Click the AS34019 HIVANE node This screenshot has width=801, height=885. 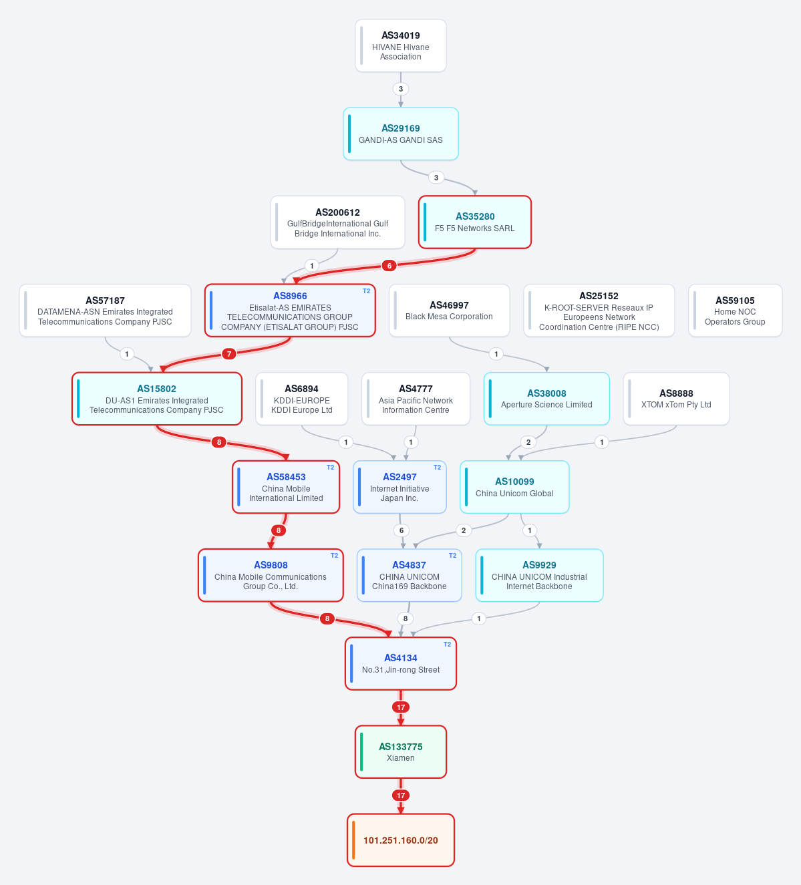click(x=401, y=45)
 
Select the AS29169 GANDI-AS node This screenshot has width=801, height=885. click(x=401, y=134)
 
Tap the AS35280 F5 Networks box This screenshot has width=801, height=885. click(x=475, y=222)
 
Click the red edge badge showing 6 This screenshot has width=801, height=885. click(x=389, y=266)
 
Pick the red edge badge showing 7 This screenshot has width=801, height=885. click(x=228, y=354)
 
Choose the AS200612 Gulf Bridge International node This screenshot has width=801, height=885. click(x=337, y=222)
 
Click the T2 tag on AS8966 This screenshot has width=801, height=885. click(x=366, y=291)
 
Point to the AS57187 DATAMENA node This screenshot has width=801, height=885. click(x=105, y=311)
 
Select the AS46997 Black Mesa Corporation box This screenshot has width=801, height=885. click(x=449, y=311)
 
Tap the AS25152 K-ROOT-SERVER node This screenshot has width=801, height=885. click(x=599, y=311)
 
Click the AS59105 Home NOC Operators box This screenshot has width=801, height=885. click(x=736, y=311)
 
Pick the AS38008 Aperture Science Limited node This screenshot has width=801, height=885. click(x=546, y=399)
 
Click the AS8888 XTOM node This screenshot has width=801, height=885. click(x=676, y=399)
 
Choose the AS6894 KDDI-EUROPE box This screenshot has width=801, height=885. click(x=302, y=399)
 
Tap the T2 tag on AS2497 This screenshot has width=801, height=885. click(x=437, y=468)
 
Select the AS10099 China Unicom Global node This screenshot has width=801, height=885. click(x=514, y=487)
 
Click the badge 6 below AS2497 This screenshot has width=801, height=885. click(x=401, y=530)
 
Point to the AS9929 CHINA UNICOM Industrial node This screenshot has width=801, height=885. click(x=539, y=575)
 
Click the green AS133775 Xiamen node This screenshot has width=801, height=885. click(x=401, y=752)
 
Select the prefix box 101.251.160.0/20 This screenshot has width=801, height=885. click(x=401, y=840)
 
